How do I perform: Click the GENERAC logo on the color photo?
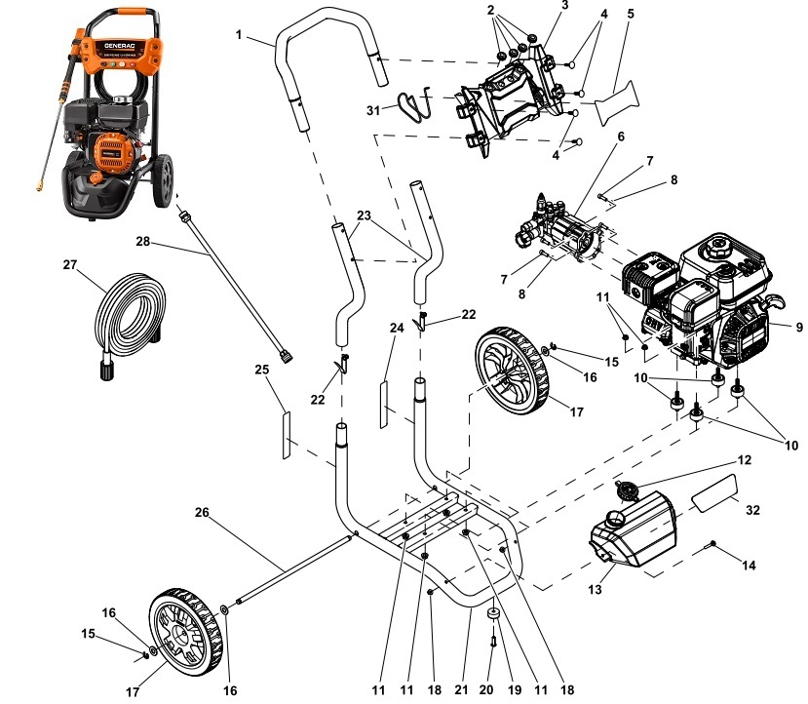click(x=119, y=46)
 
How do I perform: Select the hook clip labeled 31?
click(x=417, y=102)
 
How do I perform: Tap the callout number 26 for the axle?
click(x=202, y=512)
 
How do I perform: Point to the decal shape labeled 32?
click(x=716, y=487)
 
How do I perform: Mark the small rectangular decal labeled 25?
click(x=287, y=435)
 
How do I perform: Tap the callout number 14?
click(x=750, y=565)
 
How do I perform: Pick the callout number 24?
click(x=397, y=329)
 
